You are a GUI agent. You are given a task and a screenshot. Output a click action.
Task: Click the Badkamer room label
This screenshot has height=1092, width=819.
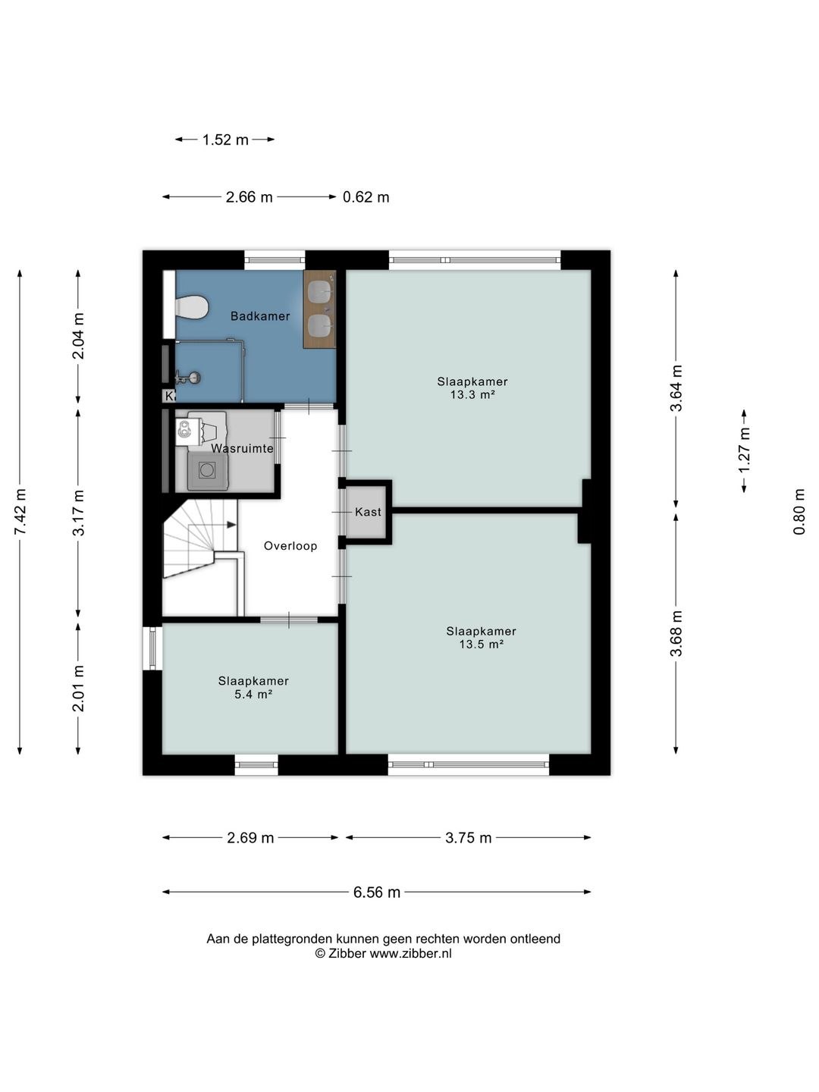[260, 316]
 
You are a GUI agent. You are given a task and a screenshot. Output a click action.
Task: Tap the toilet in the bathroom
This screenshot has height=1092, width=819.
[190, 306]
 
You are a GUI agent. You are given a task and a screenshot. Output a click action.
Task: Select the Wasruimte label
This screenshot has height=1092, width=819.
[242, 448]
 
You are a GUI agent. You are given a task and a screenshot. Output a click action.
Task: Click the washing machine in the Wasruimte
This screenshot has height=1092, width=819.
[207, 469]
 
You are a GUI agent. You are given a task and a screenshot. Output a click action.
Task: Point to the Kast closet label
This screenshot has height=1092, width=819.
[368, 512]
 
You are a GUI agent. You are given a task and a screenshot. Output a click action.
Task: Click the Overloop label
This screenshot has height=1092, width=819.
[290, 546]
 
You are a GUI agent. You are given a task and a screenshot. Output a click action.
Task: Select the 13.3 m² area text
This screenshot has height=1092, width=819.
[472, 395]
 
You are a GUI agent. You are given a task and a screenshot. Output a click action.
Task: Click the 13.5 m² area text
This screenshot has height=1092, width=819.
[482, 645]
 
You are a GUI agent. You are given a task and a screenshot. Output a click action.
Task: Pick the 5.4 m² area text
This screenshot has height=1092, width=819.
[253, 694]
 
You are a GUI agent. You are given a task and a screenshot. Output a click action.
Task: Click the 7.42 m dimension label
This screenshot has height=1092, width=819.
[20, 512]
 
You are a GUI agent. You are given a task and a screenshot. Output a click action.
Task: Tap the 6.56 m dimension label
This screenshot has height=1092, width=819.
[376, 892]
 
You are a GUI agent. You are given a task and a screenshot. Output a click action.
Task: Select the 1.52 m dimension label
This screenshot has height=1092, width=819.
[225, 140]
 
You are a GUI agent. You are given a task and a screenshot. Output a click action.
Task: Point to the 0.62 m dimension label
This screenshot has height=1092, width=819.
[366, 197]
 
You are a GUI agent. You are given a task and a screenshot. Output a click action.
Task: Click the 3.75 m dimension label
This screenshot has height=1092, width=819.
[469, 838]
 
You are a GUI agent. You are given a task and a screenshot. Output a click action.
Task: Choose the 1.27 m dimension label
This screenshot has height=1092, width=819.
[744, 450]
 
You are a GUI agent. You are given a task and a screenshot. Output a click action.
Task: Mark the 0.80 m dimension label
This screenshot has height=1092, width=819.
[799, 511]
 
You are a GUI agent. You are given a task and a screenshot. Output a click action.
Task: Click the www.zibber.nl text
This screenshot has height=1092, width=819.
[410, 953]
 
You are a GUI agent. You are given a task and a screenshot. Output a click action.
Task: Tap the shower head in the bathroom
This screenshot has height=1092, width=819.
[189, 378]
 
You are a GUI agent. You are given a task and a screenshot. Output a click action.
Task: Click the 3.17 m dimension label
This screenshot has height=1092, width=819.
[78, 513]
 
